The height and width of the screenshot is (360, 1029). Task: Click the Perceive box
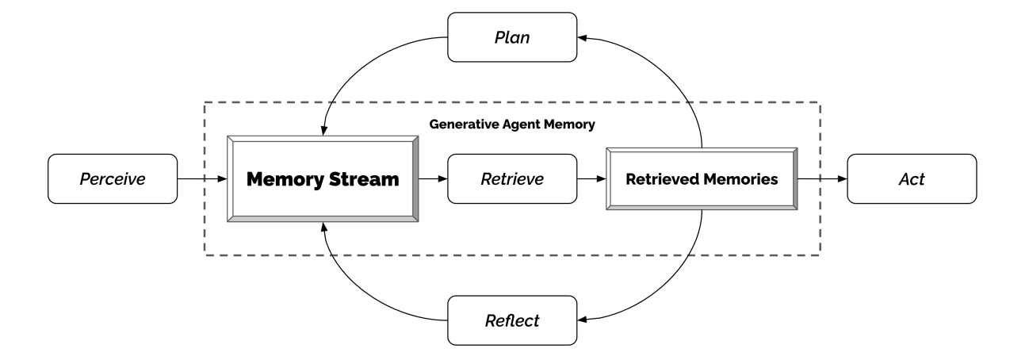(113, 179)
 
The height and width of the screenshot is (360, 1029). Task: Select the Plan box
(512, 37)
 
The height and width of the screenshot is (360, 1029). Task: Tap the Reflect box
(512, 320)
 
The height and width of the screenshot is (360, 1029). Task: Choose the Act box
(912, 179)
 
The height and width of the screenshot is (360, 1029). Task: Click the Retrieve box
(512, 179)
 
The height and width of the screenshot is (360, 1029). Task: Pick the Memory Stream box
(323, 179)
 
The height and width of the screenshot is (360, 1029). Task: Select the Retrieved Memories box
(702, 179)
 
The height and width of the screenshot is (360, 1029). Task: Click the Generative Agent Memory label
(512, 124)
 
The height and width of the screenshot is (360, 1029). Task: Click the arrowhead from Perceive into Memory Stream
(222, 179)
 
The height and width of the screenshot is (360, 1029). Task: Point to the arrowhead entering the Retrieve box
(442, 179)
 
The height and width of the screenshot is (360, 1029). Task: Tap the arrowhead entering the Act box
(842, 179)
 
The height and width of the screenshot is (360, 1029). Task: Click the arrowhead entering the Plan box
(582, 38)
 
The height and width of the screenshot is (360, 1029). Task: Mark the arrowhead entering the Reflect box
(582, 320)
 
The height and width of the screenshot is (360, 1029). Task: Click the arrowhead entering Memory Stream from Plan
(324, 130)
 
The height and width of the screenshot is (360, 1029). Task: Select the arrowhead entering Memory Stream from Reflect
(324, 228)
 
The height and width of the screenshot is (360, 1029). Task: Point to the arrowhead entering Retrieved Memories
(601, 179)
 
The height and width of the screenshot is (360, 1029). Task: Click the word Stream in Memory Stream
(364, 179)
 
